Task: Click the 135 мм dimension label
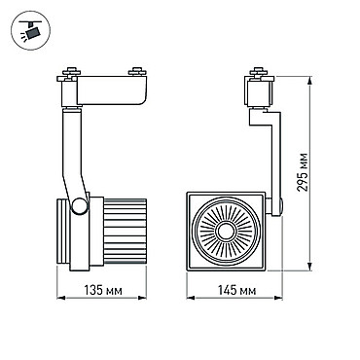click(x=103, y=290)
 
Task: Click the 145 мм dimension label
click(x=236, y=290)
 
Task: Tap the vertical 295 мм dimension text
click(x=304, y=172)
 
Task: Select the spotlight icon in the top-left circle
click(x=30, y=30)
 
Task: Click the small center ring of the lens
click(x=226, y=232)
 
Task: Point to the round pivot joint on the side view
click(x=80, y=205)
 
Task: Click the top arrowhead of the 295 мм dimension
click(x=310, y=81)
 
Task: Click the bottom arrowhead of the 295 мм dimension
click(x=310, y=266)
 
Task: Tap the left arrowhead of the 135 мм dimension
click(x=61, y=297)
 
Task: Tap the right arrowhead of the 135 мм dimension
click(x=142, y=297)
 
